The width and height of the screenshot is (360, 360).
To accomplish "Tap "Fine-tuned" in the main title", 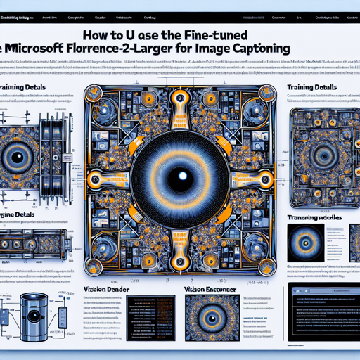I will (x=239, y=33).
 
